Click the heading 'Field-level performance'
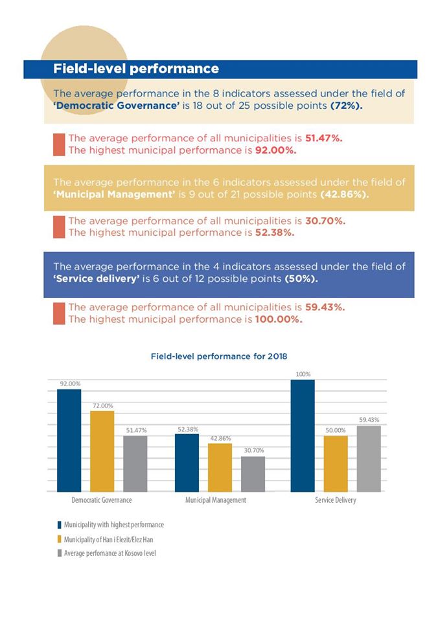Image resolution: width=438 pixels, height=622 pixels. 136,69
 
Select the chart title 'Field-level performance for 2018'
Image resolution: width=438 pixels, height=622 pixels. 218,356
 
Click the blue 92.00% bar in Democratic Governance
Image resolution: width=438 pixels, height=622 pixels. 69,441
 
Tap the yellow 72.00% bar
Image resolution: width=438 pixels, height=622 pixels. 102,452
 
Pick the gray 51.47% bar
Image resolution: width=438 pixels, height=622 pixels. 135,464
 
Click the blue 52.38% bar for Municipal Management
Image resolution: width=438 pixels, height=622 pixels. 187,463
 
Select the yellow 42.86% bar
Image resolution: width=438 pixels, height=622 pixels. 220,468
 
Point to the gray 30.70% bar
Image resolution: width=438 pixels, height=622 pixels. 253,474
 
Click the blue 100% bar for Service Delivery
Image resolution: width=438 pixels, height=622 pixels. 303,436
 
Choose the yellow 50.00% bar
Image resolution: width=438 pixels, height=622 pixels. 336,464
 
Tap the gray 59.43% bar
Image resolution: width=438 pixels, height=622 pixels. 369,459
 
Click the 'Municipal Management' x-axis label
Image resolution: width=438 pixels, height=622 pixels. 216,501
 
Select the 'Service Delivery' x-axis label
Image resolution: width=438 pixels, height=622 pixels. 336,501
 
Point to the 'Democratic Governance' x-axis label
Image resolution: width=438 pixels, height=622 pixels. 102,501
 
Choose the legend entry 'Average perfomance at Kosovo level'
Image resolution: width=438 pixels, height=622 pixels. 109,553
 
